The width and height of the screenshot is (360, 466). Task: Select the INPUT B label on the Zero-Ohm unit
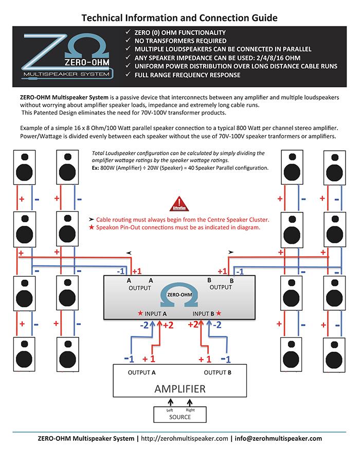coord(204,313)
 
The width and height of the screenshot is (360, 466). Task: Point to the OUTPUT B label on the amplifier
coord(218,372)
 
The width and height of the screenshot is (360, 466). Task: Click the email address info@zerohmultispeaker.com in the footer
coord(277,439)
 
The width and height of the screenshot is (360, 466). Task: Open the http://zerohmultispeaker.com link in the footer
coord(184,439)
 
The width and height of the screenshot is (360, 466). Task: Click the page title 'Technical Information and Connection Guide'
coord(179,18)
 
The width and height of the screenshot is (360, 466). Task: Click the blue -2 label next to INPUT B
coord(218,325)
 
